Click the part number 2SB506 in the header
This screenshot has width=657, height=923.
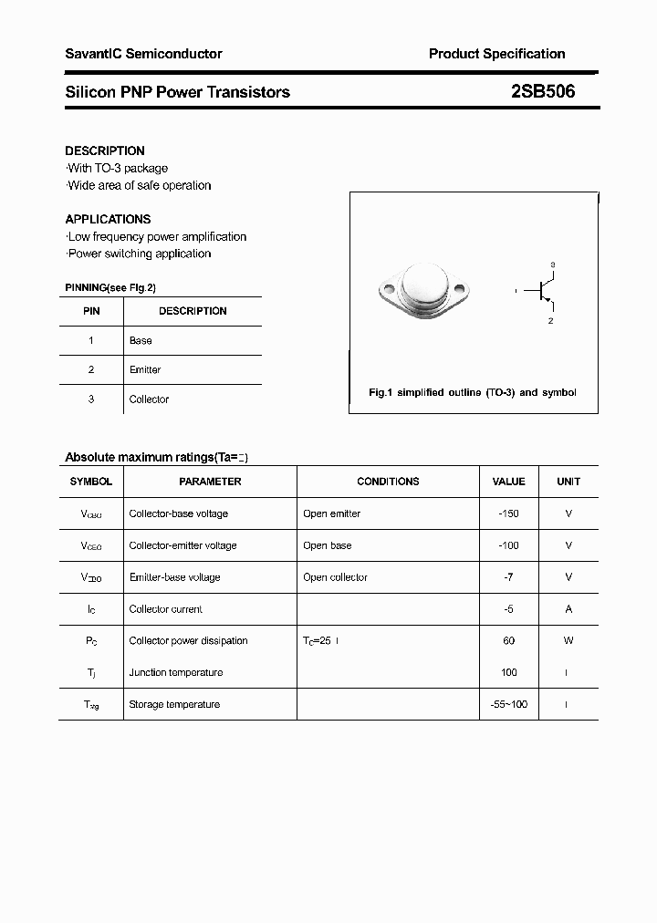pyautogui.click(x=543, y=91)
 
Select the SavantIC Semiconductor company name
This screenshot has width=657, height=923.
pyautogui.click(x=143, y=54)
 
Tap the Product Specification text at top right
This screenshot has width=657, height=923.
pyautogui.click(x=496, y=54)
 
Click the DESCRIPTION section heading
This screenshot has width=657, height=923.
pyautogui.click(x=105, y=150)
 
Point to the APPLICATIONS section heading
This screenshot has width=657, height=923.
pyautogui.click(x=108, y=219)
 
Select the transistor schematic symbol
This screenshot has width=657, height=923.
pyautogui.click(x=545, y=292)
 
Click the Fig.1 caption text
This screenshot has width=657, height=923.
pyautogui.click(x=472, y=392)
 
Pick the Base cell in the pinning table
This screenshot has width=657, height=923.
pyautogui.click(x=141, y=340)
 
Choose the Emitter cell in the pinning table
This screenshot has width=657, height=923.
pyautogui.click(x=145, y=369)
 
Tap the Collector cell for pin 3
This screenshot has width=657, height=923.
pyautogui.click(x=149, y=399)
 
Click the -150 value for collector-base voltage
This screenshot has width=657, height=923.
pyautogui.click(x=508, y=513)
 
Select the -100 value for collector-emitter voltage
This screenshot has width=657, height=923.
pyautogui.click(x=508, y=545)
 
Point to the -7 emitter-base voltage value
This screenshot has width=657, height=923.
pyautogui.click(x=508, y=577)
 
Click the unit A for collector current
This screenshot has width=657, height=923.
pyautogui.click(x=568, y=609)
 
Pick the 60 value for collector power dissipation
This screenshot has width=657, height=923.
pyautogui.click(x=508, y=641)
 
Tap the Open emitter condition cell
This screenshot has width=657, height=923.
pyautogui.click(x=331, y=513)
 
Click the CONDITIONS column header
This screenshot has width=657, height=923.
pyautogui.click(x=388, y=482)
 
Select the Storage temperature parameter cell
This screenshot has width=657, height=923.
pyautogui.click(x=174, y=704)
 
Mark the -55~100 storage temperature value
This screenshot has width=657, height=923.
pyautogui.click(x=508, y=704)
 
